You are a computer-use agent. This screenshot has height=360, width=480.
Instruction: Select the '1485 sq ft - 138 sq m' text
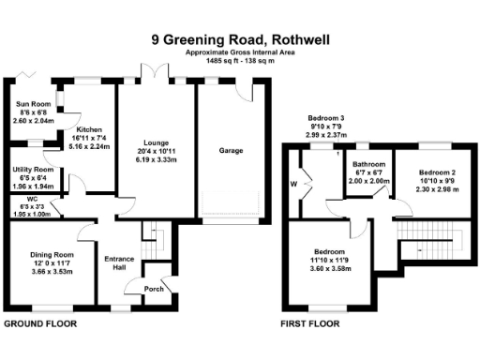pos(239,61)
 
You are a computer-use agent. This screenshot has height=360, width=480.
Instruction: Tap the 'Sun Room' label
pos(32,103)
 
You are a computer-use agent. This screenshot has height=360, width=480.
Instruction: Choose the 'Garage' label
pos(230,150)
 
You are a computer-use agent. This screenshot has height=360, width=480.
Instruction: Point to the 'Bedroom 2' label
pos(436,173)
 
